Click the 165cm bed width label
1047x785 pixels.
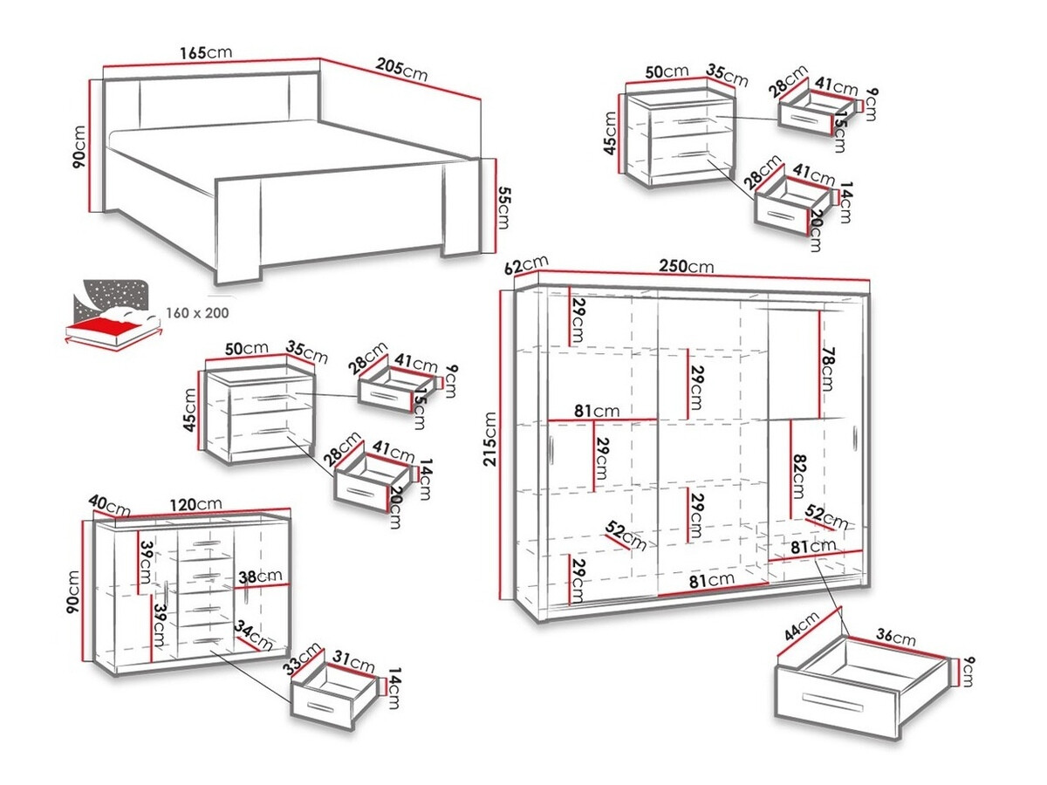[x=206, y=52]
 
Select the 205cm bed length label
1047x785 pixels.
[x=402, y=70]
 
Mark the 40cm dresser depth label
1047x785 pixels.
[x=110, y=503]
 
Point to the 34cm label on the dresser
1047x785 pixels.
[x=254, y=637]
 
